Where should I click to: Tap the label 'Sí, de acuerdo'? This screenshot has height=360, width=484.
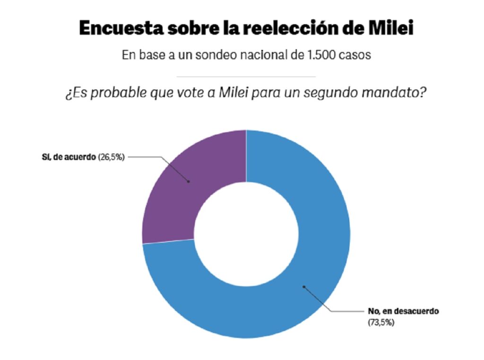pyautogui.click(x=69, y=157)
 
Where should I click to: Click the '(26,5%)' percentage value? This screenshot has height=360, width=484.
pyautogui.click(x=112, y=157)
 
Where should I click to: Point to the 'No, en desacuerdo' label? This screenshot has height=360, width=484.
pyautogui.click(x=403, y=311)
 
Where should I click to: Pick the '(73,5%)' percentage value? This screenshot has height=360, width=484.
pyautogui.click(x=381, y=323)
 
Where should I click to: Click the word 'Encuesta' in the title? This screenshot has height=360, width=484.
pyautogui.click(x=121, y=28)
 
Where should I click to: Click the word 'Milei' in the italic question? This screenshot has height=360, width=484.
pyautogui.click(x=233, y=92)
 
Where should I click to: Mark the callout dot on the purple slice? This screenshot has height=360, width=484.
pyautogui.click(x=189, y=182)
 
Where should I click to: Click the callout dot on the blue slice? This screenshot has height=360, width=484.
pyautogui.click(x=304, y=287)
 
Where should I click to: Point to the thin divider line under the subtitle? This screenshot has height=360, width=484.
pyautogui.click(x=246, y=77)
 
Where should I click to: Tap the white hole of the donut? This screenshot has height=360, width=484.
pyautogui.click(x=246, y=234)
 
